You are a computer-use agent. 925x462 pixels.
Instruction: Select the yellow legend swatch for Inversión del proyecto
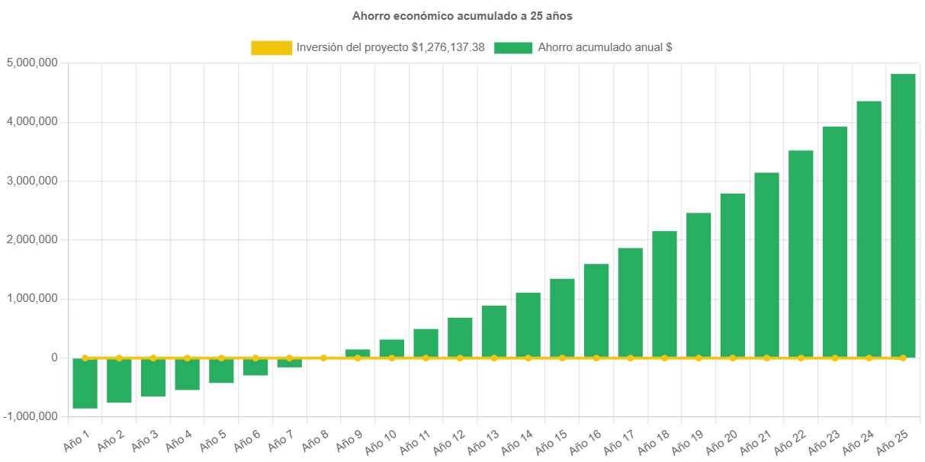pyautogui.click(x=271, y=48)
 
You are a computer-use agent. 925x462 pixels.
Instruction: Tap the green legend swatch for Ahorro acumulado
pyautogui.click(x=513, y=48)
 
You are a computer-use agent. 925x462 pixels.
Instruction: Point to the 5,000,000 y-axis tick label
pyautogui.click(x=31, y=63)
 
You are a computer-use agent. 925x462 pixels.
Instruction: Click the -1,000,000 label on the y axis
pyautogui.click(x=30, y=416)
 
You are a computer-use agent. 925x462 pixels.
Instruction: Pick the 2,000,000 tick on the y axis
pyautogui.click(x=31, y=239)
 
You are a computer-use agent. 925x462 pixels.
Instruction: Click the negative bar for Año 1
pyautogui.click(x=85, y=383)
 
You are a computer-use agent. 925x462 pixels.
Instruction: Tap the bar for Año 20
pyautogui.click(x=732, y=274)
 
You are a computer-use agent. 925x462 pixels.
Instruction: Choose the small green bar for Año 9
pyautogui.click(x=358, y=353)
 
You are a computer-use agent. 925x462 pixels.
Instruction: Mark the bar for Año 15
pyautogui.click(x=562, y=317)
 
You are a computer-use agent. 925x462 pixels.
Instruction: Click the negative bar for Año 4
pyautogui.click(x=187, y=374)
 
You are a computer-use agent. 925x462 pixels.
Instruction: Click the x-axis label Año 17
pyautogui.click(x=621, y=441)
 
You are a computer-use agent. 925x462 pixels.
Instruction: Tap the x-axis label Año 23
pyautogui.click(x=826, y=441)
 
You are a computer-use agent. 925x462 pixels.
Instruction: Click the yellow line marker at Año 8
pyautogui.click(x=323, y=358)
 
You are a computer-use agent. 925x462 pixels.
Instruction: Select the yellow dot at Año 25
pyautogui.click(x=903, y=358)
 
